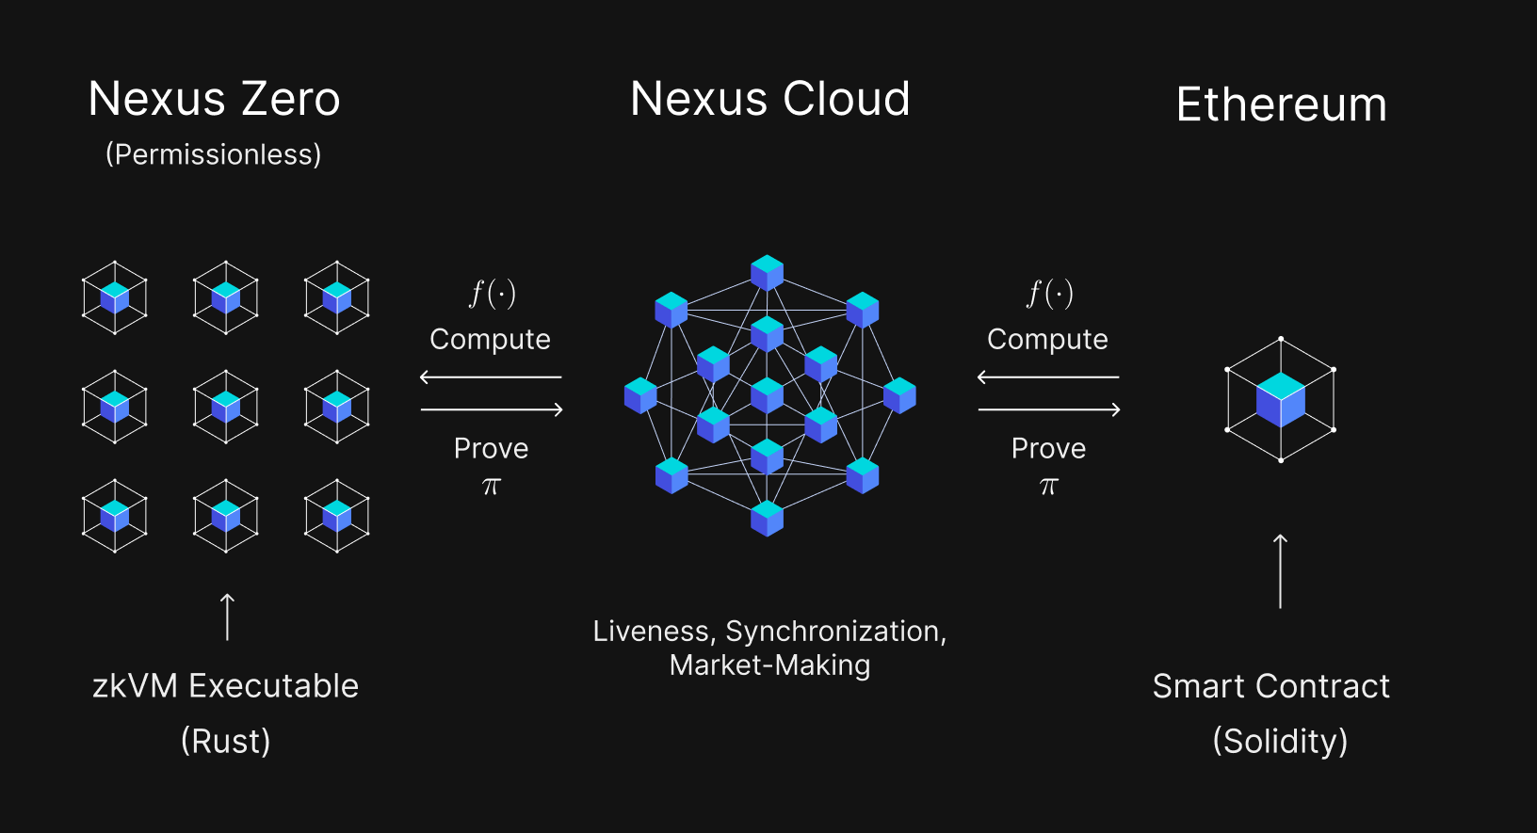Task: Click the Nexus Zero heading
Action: (214, 99)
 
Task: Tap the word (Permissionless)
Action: (213, 154)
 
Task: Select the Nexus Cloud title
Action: (769, 99)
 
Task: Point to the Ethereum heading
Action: (1281, 104)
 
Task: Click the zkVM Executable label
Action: (225, 686)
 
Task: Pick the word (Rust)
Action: (225, 741)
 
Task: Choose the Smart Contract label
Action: (1270, 686)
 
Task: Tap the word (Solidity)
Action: (1280, 741)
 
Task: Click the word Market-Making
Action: (769, 665)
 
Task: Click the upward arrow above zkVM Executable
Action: (227, 617)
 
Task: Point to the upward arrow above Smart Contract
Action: (1280, 570)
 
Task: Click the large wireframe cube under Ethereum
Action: (1280, 399)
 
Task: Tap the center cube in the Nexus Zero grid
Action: (226, 407)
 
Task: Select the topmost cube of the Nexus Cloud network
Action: (767, 272)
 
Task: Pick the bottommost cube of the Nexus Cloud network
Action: (767, 518)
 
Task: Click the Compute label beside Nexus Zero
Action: (490, 339)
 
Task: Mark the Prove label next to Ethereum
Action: (1048, 448)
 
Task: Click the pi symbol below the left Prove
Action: (491, 487)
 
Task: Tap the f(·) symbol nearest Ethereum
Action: (1049, 294)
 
